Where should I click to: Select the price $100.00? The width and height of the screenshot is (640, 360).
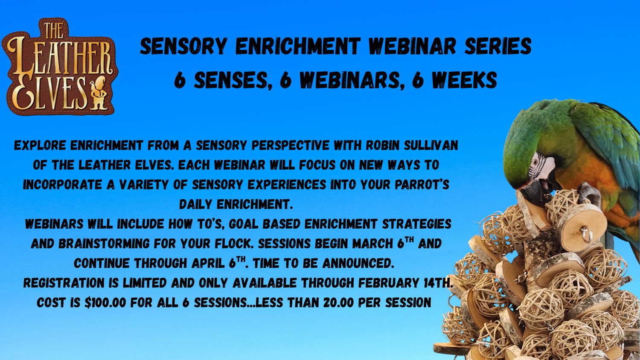coord(105,302)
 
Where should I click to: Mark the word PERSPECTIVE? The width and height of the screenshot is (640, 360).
coord(290,145)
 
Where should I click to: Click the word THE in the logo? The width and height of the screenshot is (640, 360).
coord(54,30)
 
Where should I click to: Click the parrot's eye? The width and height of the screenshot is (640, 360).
coord(535,169)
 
